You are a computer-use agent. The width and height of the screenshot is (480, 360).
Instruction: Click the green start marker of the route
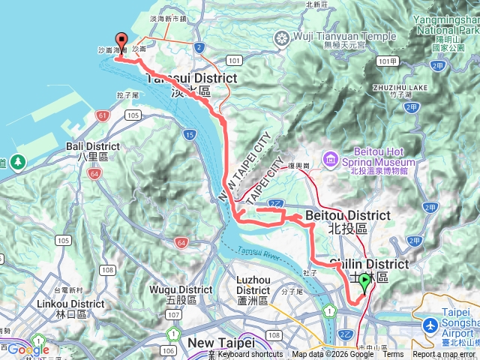364,282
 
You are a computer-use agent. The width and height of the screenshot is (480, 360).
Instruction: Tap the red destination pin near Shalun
120,41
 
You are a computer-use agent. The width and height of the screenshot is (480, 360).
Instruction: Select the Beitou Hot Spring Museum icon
330,158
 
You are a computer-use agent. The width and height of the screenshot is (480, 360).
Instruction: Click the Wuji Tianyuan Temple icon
282,37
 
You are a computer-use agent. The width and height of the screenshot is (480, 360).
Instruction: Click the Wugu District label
181,289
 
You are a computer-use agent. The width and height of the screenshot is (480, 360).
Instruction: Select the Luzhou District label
253,280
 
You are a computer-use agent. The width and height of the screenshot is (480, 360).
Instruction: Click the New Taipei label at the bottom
217,342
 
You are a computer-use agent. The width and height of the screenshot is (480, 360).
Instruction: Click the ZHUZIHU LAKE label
400,88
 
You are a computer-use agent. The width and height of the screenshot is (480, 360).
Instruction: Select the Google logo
28,349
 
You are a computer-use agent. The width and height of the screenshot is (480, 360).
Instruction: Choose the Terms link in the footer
393,355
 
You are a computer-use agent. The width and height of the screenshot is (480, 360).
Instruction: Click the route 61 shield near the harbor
102,115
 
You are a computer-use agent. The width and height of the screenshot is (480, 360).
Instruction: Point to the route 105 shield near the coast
133,115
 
